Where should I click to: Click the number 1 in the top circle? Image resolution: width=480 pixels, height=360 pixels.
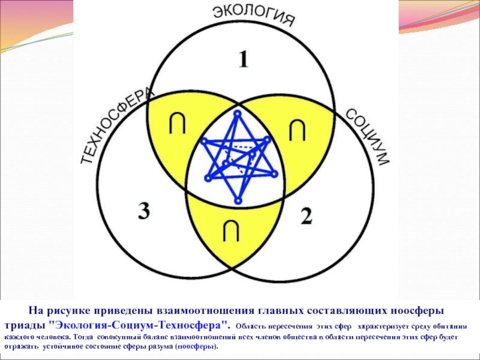(243, 60)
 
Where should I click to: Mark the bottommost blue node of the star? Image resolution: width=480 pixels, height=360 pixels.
(239, 200)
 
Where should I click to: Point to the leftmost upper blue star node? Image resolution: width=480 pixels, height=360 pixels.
(204, 141)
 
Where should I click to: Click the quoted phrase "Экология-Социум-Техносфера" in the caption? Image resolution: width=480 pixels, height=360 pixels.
(140, 325)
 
